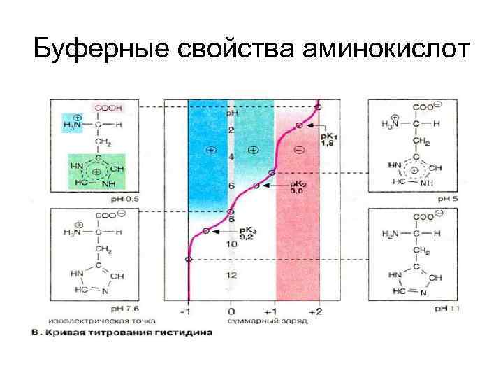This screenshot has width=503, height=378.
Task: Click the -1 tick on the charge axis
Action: click(x=187, y=310)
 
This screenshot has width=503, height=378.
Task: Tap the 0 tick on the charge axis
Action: click(x=231, y=310)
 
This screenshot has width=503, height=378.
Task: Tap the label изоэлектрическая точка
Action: click(x=90, y=320)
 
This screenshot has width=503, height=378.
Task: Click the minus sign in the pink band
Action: click(x=298, y=150)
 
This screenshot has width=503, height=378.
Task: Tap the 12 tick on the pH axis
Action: click(x=231, y=275)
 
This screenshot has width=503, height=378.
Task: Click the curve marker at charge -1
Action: click(x=187, y=259)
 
